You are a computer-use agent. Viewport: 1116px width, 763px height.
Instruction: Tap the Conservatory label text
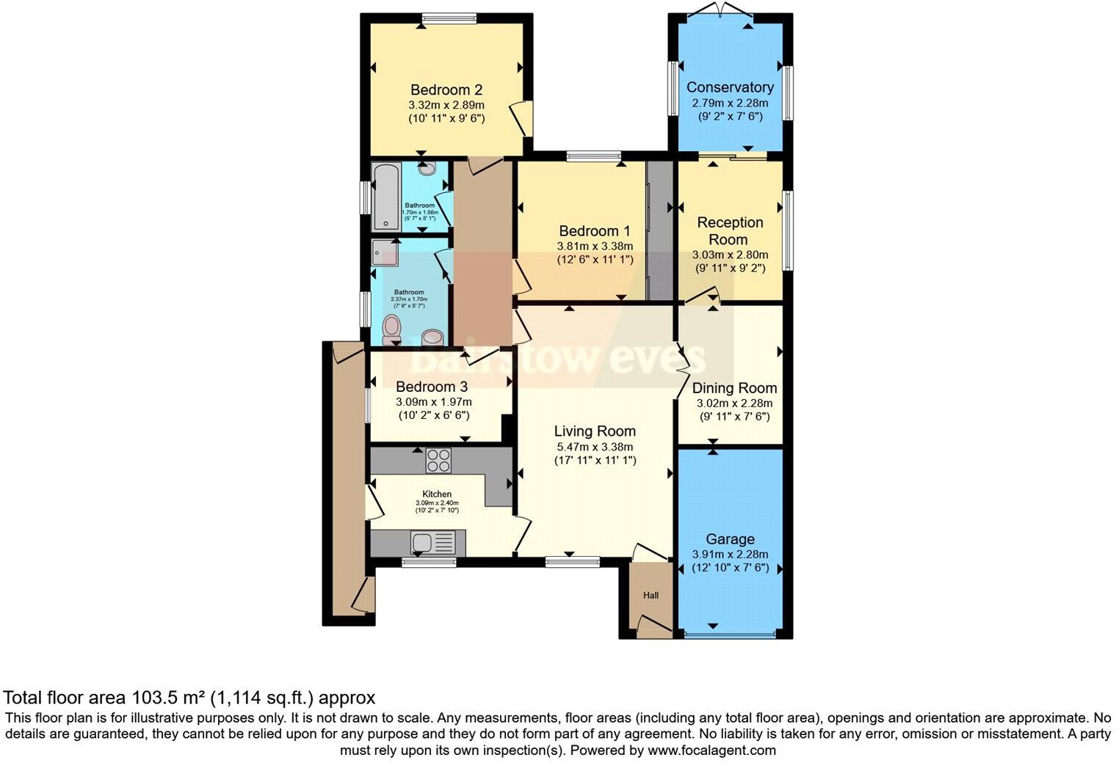tap(729, 87)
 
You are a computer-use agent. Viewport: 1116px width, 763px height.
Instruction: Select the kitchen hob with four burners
tap(438, 461)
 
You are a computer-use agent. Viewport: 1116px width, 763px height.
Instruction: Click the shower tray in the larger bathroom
tap(385, 252)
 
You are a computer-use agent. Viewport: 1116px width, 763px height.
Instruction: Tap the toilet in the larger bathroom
tap(393, 327)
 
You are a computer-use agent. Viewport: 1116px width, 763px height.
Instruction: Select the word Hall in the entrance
tap(651, 595)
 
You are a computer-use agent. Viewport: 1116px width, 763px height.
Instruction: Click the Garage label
tap(730, 539)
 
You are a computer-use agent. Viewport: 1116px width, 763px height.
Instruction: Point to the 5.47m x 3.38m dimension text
tap(594, 447)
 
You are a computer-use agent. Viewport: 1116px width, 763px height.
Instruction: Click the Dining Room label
tap(734, 388)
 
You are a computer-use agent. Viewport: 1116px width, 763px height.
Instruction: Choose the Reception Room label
tap(730, 230)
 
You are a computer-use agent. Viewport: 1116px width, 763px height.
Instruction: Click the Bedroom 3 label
tap(432, 387)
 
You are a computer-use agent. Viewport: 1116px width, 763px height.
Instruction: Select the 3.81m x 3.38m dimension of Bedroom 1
tap(594, 247)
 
